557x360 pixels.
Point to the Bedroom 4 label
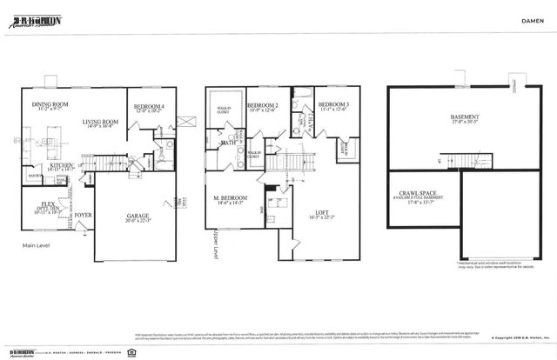point(150,109)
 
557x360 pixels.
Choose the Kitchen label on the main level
point(61,166)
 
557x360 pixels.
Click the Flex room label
point(36,207)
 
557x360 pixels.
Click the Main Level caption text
point(37,247)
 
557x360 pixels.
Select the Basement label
point(463,119)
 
